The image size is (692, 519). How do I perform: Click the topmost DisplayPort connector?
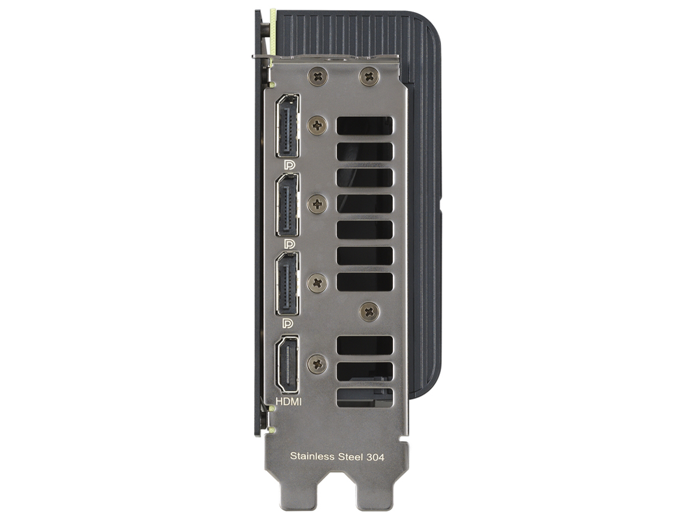(288, 126)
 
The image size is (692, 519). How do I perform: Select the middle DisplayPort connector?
(288, 205)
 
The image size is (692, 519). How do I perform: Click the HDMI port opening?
(287, 364)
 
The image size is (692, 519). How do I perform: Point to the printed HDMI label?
(289, 401)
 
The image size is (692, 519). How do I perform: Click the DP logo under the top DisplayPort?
(289, 165)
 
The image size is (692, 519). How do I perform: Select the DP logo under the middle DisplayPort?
(289, 244)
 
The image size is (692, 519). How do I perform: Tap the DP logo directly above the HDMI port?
(289, 322)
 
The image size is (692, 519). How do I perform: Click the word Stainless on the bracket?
(312, 456)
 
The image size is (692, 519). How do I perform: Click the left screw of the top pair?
(317, 76)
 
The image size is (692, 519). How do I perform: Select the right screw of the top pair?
(369, 76)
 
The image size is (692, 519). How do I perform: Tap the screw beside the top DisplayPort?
(317, 125)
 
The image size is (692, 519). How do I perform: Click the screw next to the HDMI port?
(317, 364)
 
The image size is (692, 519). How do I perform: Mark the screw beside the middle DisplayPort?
(317, 204)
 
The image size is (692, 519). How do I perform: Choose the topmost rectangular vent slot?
(365, 125)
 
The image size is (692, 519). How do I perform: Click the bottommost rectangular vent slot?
(365, 398)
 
